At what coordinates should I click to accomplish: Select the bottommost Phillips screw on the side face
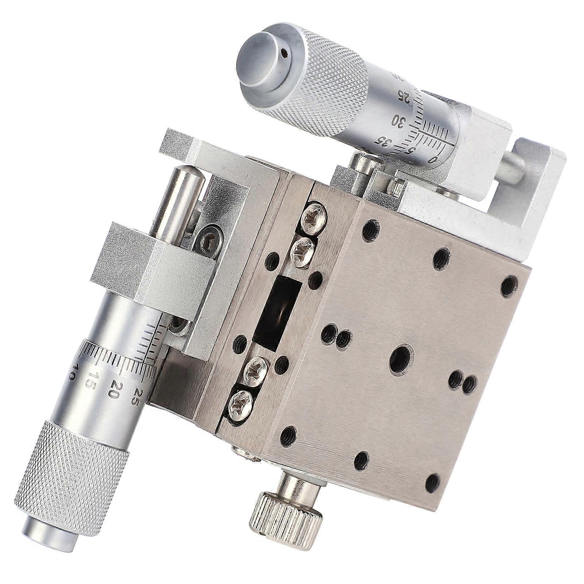(x=240, y=404)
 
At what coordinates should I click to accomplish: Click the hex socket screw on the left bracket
(x=208, y=241)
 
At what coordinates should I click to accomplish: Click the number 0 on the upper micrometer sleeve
(x=433, y=159)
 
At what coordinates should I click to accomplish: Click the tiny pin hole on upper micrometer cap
(x=286, y=54)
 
